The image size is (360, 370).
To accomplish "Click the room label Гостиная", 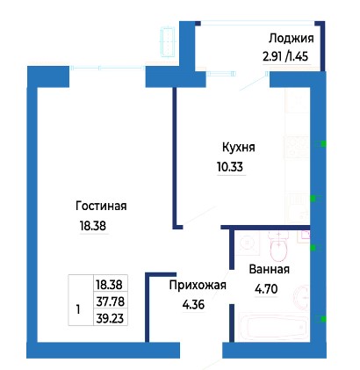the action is click(x=101, y=206).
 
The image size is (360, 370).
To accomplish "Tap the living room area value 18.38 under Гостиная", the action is click(x=93, y=226).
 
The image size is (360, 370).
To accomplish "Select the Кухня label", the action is click(x=239, y=147).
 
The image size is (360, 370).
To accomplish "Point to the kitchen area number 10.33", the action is click(x=230, y=167).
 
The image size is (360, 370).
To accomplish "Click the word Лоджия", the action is click(x=292, y=39).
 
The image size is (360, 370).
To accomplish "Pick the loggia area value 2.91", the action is click(x=272, y=56).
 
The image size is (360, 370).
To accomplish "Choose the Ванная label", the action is click(x=270, y=269).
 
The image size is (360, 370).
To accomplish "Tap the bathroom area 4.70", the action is click(x=266, y=289).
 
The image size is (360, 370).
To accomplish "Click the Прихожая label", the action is click(x=198, y=285).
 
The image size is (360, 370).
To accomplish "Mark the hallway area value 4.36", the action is click(x=193, y=305).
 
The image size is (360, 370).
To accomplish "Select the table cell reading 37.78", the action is click(x=111, y=301).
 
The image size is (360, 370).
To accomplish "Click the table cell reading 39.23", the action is click(x=111, y=317).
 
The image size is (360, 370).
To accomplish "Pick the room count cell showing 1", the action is click(x=78, y=309).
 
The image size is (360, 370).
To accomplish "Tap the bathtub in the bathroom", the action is click(x=275, y=328).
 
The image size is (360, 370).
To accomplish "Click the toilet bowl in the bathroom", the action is click(x=278, y=250).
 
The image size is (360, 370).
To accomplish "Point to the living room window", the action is click(x=107, y=69).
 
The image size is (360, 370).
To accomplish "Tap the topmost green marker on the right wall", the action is click(x=323, y=144).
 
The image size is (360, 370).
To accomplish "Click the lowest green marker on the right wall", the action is click(x=323, y=319).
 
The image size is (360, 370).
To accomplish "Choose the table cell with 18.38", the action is click(x=111, y=284).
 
